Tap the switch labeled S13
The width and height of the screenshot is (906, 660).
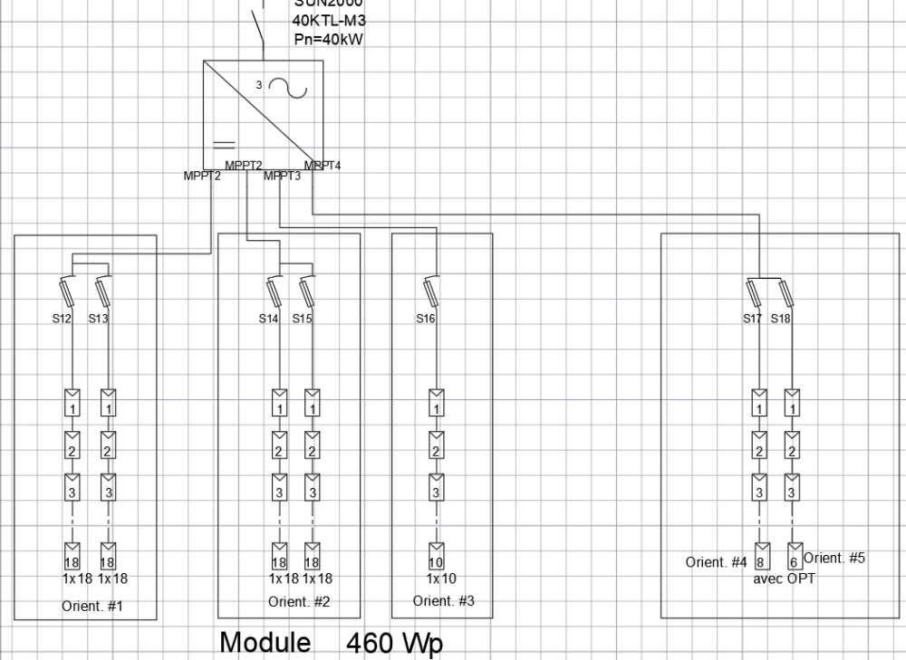click(x=105, y=292)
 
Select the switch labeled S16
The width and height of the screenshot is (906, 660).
click(x=431, y=292)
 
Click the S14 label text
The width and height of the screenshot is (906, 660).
click(x=269, y=319)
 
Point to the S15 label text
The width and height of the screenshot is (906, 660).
click(x=304, y=319)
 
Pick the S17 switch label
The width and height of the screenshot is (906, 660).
click(x=753, y=319)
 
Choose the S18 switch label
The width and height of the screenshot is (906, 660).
click(x=782, y=319)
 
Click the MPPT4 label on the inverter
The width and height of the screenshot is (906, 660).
click(x=323, y=165)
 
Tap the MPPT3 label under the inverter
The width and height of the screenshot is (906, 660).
click(x=282, y=176)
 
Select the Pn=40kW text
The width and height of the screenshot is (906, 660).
click(x=327, y=39)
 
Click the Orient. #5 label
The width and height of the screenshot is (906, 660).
click(x=834, y=558)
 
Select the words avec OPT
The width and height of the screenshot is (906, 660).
click(x=784, y=579)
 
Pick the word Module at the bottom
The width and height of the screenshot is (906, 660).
click(x=265, y=644)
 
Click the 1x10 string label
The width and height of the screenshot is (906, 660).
click(x=437, y=577)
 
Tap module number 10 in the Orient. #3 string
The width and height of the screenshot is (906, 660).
click(x=436, y=562)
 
